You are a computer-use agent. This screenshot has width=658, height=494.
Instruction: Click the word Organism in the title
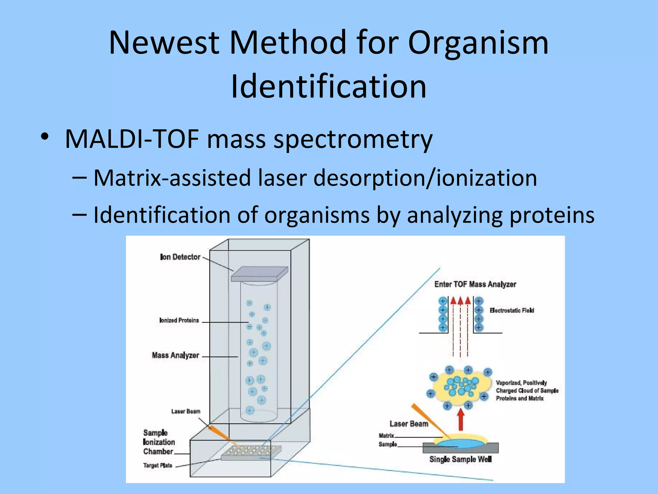(478, 43)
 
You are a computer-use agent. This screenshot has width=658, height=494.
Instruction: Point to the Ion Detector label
(180, 257)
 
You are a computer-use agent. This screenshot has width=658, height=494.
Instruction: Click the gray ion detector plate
(260, 273)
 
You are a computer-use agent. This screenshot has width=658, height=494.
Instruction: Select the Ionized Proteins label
(179, 320)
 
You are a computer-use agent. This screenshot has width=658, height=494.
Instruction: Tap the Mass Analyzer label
(175, 355)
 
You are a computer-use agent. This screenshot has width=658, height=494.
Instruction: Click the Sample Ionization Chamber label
(159, 442)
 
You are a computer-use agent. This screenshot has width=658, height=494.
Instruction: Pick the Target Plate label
(158, 465)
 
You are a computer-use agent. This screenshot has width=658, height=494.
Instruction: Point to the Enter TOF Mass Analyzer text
(475, 284)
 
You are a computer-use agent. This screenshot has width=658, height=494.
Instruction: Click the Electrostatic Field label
(512, 310)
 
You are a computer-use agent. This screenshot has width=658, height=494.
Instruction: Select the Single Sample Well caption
(460, 459)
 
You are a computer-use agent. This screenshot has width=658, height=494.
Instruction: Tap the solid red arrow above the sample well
(461, 419)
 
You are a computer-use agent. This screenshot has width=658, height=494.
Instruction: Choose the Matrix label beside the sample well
(386, 436)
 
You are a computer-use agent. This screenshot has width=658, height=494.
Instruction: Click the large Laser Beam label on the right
(409, 424)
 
